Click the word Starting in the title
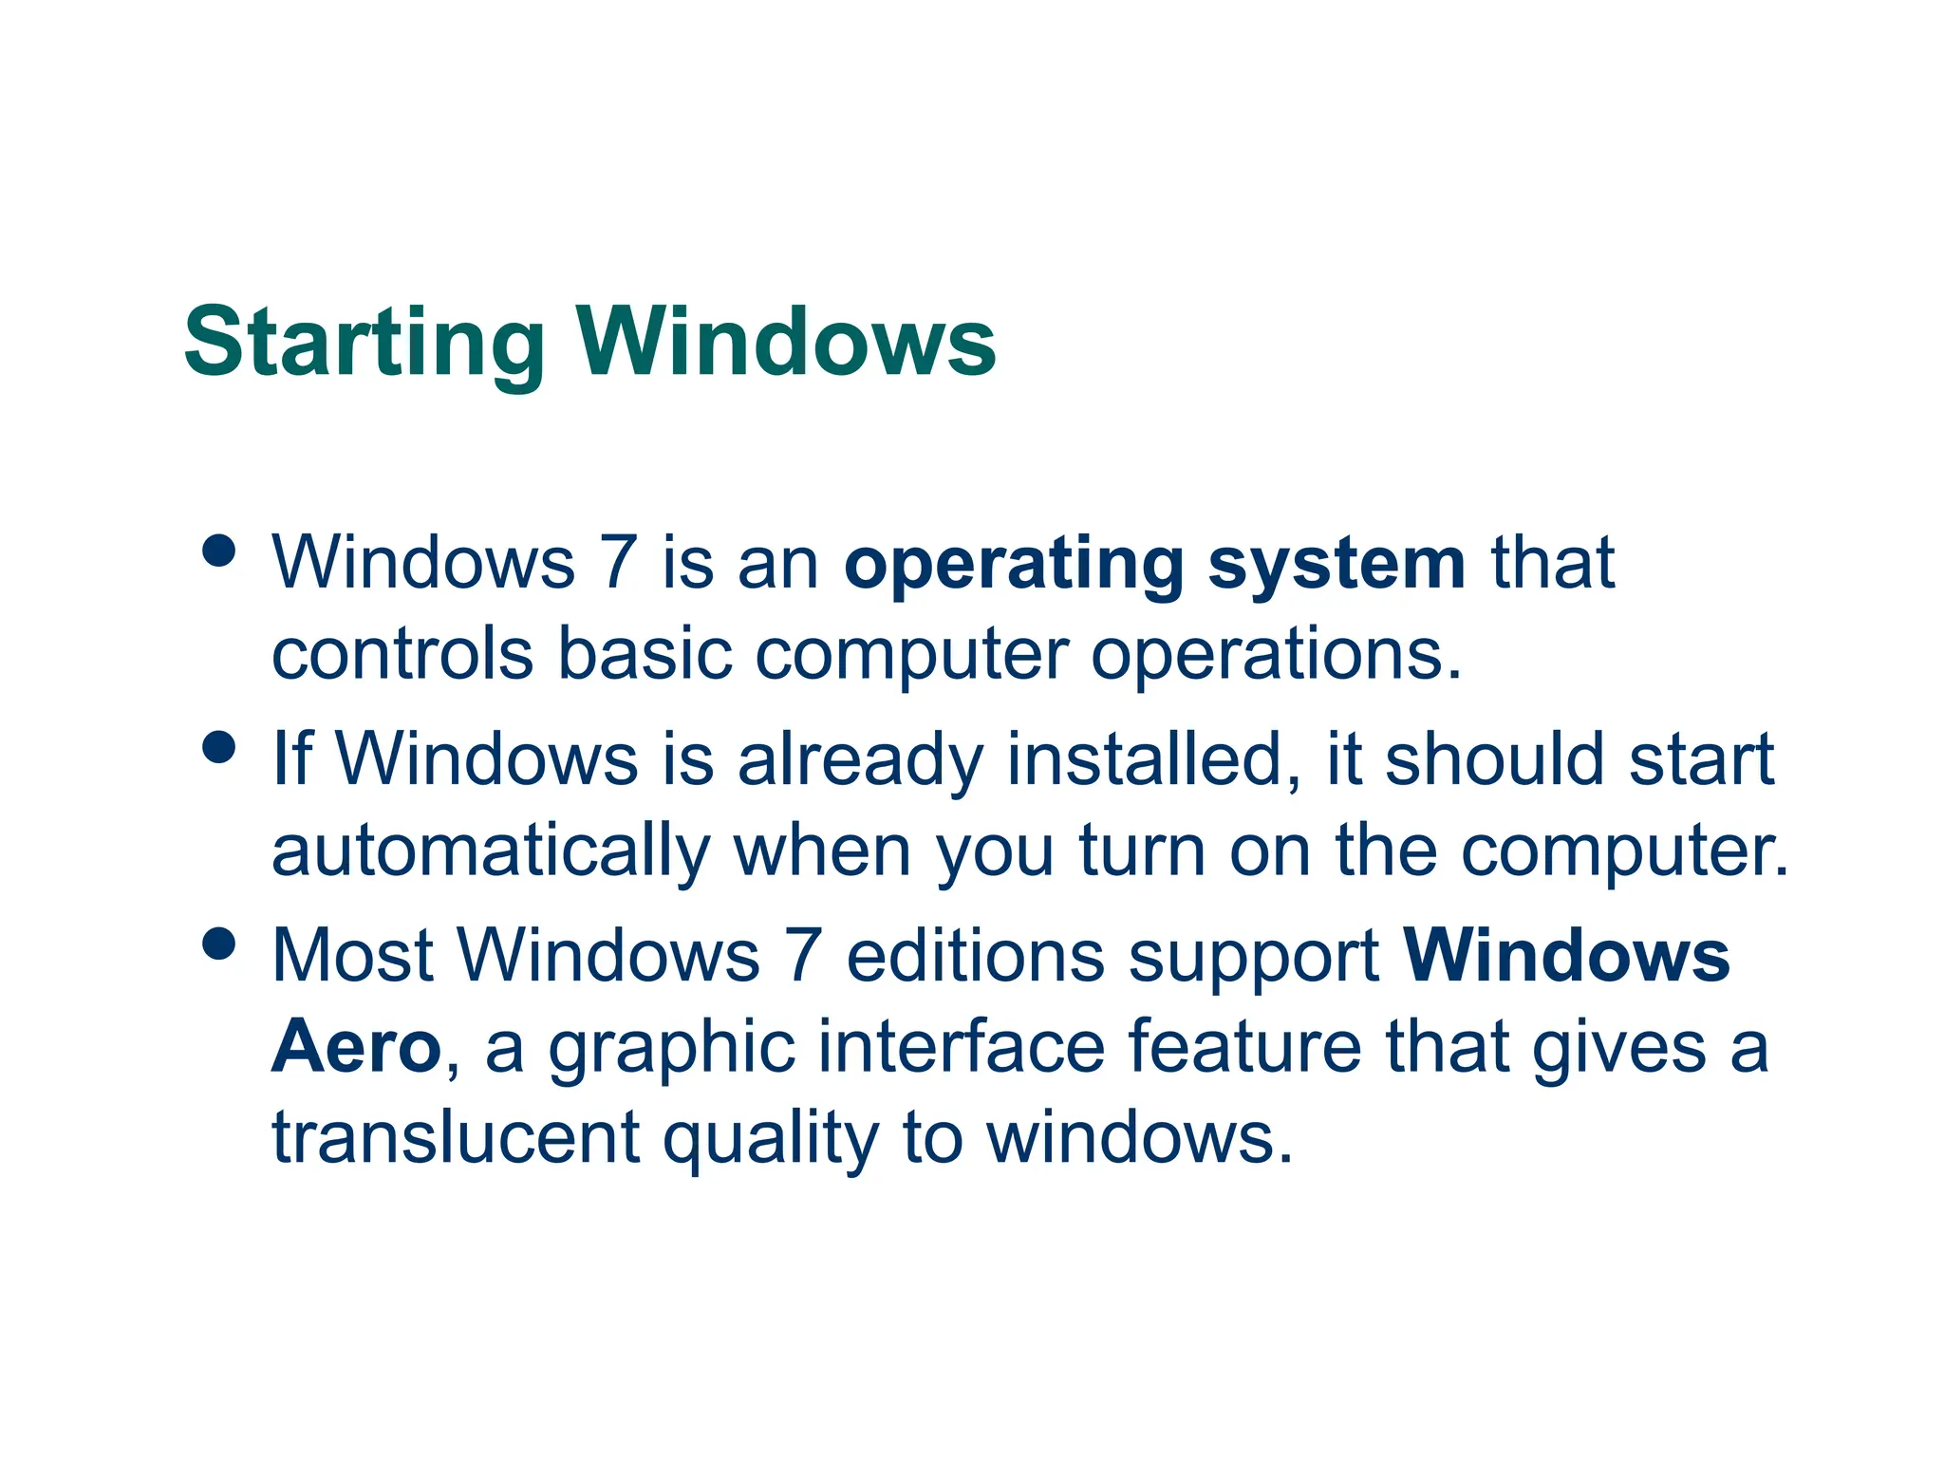[x=364, y=344]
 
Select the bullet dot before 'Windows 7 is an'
[x=219, y=551]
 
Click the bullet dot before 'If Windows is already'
[x=219, y=746]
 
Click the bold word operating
[x=1014, y=566]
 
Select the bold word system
[x=1336, y=566]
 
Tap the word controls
[x=402, y=655]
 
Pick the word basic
[x=645, y=655]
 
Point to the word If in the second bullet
[x=291, y=759]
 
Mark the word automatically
[x=491, y=852]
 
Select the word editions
[x=975, y=955]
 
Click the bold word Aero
[x=356, y=1047]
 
